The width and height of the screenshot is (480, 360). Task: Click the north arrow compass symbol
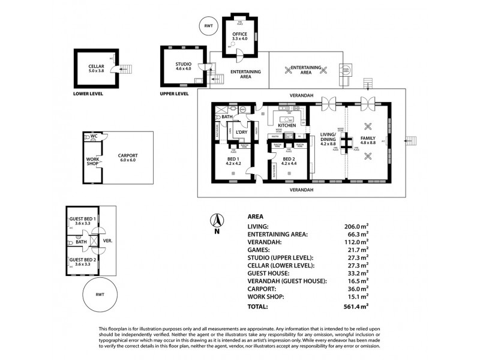(x=217, y=222)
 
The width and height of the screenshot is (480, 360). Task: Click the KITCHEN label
(x=286, y=125)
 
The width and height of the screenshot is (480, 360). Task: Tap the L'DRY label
(x=242, y=131)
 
